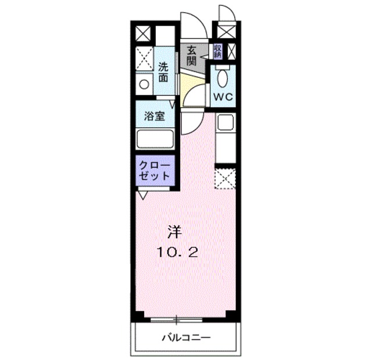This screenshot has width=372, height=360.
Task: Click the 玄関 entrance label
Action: click(x=191, y=56)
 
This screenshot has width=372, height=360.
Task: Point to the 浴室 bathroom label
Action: click(x=155, y=116)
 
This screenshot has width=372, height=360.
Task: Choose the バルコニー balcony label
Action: click(x=186, y=337)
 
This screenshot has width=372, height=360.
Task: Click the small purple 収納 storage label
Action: click(x=217, y=51)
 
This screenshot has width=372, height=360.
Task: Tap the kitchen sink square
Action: click(x=224, y=123)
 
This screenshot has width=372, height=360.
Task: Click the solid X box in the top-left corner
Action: click(x=143, y=34)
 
